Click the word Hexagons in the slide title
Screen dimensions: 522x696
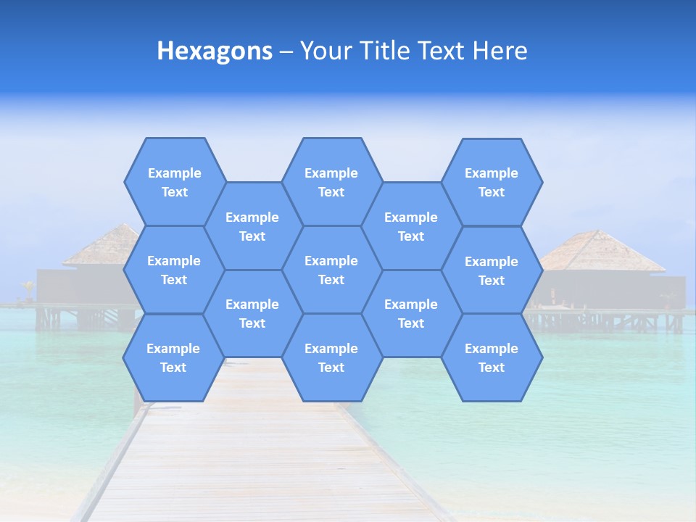pyautogui.click(x=215, y=51)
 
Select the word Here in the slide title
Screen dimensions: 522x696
pyautogui.click(x=500, y=51)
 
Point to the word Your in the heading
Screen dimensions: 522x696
pyautogui.click(x=325, y=51)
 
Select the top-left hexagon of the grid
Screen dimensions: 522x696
pyautogui.click(x=174, y=182)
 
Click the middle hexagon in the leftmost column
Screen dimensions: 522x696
pyautogui.click(x=174, y=270)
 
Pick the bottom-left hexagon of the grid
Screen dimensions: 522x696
pyautogui.click(x=173, y=357)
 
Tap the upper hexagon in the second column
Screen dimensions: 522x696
pyautogui.click(x=252, y=226)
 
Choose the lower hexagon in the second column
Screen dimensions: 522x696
pyautogui.click(x=252, y=313)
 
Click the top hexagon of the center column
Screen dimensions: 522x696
pyautogui.click(x=331, y=182)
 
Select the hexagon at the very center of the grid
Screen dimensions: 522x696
pyautogui.click(x=331, y=270)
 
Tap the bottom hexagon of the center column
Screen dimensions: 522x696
pyautogui.click(x=331, y=357)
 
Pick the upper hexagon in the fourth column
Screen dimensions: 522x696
pyautogui.click(x=411, y=226)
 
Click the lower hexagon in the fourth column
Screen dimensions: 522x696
pyautogui.click(x=411, y=313)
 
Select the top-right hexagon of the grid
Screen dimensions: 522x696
pyautogui.click(x=492, y=182)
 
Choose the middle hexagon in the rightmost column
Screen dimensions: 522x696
pyautogui.click(x=492, y=270)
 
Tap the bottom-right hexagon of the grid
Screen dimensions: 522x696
pyautogui.click(x=492, y=357)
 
